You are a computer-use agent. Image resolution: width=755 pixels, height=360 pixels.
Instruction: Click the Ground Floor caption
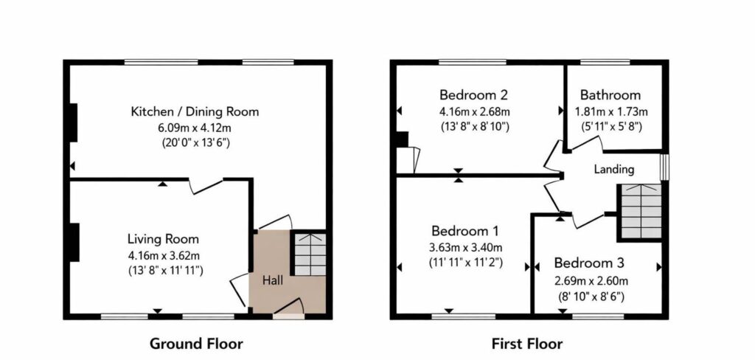click(196, 344)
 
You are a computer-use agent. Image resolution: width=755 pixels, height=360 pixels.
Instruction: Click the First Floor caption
click(526, 344)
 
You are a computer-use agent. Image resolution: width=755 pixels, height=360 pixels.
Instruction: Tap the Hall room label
click(273, 280)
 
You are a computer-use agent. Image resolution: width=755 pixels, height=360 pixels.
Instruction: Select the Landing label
click(614, 169)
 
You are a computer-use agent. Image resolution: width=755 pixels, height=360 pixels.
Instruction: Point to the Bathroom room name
click(610, 94)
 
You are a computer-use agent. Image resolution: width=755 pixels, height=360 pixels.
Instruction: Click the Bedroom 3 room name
click(589, 263)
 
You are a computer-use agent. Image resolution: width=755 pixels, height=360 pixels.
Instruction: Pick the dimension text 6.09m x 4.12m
click(195, 127)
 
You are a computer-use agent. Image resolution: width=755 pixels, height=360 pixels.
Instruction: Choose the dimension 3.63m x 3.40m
click(466, 248)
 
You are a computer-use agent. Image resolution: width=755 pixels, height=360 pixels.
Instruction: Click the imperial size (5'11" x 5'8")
click(610, 126)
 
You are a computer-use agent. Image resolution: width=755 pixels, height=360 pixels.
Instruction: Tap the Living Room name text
click(163, 238)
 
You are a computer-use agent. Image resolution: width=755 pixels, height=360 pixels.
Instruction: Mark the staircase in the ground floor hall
click(310, 255)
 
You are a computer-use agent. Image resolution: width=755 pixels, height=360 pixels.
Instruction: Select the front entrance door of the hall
click(288, 308)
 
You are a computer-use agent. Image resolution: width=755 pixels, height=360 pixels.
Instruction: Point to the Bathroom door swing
click(584, 143)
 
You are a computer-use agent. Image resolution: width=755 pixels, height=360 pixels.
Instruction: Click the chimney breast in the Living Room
click(74, 243)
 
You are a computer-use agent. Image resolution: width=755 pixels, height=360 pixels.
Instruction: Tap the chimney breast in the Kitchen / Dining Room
click(73, 122)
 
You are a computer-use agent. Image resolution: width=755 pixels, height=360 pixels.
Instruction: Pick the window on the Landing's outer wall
click(664, 167)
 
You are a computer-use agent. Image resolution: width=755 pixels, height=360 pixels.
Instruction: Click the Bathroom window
click(605, 62)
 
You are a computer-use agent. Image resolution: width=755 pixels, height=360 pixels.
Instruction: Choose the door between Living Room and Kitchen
click(206, 186)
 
